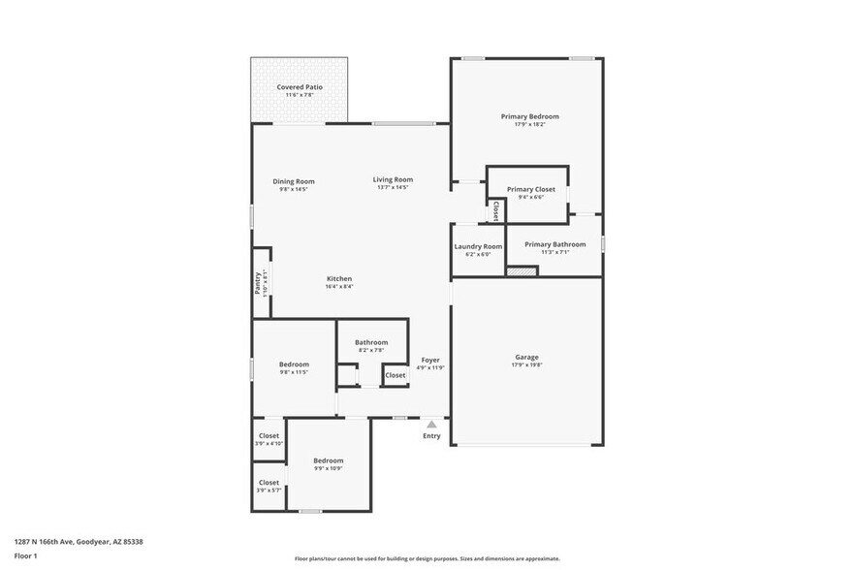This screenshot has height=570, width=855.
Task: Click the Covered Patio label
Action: [x=300, y=87]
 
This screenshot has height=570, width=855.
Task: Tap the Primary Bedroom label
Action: [x=529, y=116]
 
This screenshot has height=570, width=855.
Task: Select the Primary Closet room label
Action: [x=530, y=189]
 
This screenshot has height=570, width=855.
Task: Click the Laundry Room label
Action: [x=478, y=246]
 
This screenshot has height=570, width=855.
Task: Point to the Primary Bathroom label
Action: [x=554, y=244]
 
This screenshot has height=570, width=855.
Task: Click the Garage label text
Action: [x=526, y=357]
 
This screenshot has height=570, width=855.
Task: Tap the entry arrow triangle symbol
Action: [x=431, y=424]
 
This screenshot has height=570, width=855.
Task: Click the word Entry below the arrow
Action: [x=431, y=436]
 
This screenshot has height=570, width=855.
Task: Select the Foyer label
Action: [x=430, y=360]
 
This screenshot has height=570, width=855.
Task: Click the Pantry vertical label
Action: [x=258, y=281]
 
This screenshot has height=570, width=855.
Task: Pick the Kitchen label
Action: [x=338, y=278]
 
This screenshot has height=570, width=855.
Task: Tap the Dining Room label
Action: [x=293, y=181]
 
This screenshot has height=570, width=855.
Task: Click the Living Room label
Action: [x=393, y=179]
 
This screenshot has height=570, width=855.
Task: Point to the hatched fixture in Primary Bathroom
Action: [x=522, y=271]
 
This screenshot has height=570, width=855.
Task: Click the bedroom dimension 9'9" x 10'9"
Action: [x=328, y=468]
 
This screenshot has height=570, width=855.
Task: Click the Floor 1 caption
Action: [x=26, y=556]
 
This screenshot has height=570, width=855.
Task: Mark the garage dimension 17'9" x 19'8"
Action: [x=526, y=365]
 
